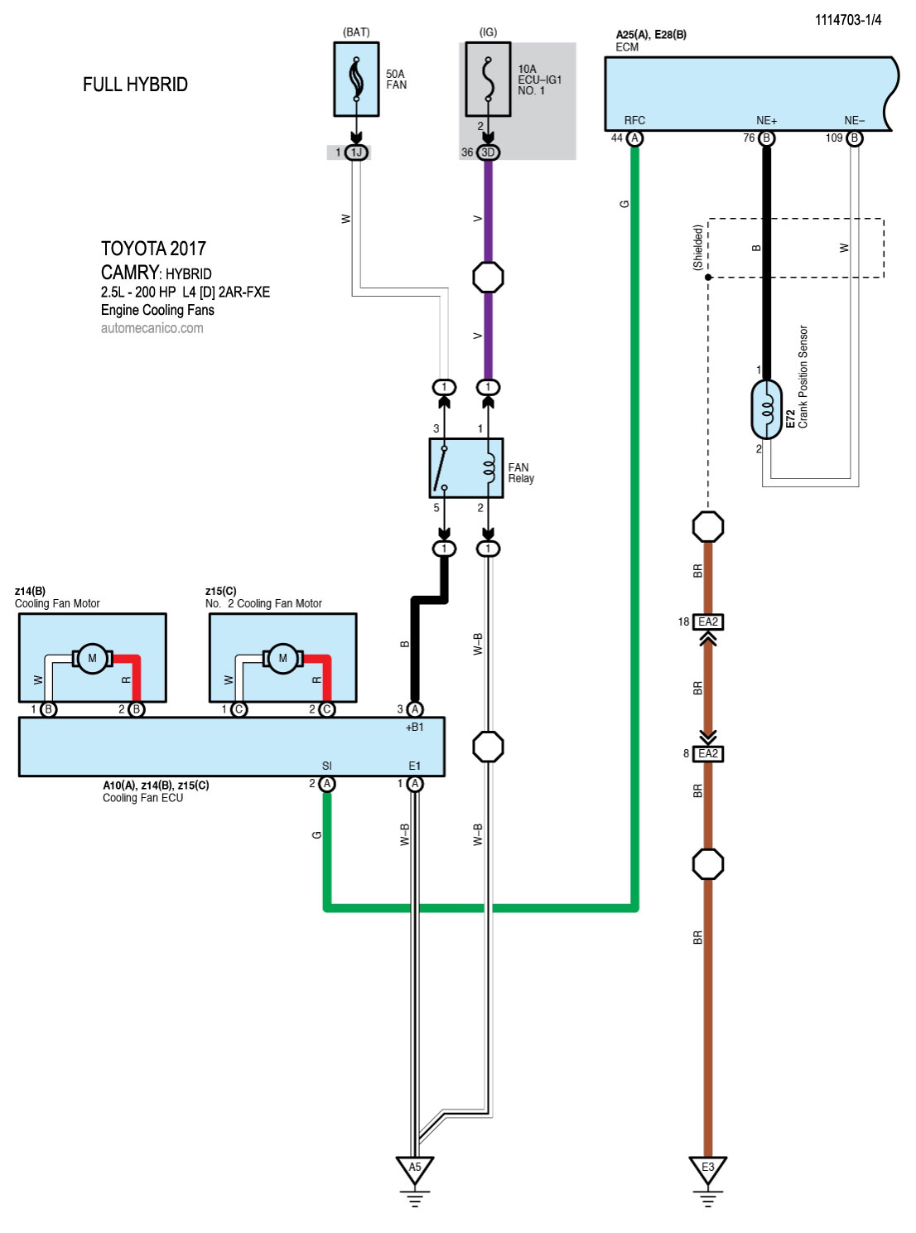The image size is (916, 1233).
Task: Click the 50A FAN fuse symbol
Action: click(356, 80)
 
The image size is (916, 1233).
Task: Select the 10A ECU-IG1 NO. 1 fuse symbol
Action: click(488, 80)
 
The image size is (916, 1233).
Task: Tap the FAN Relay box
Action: click(465, 468)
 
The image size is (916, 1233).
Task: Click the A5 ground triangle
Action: click(415, 1168)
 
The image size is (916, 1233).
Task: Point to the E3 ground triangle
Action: click(708, 1168)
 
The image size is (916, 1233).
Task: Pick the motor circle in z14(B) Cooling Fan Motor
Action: click(92, 659)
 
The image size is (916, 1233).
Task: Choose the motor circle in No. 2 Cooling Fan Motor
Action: click(282, 659)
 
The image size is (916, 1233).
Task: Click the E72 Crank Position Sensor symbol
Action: click(767, 409)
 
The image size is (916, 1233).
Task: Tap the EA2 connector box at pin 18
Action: click(708, 621)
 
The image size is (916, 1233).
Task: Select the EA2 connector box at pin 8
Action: click(708, 753)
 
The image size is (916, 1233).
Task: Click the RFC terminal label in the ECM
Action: click(634, 121)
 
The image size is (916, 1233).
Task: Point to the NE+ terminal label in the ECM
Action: click(766, 121)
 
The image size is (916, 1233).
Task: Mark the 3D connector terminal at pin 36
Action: click(488, 152)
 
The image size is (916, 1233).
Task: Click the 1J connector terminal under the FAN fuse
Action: click(356, 152)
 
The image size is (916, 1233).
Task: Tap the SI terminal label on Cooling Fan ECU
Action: click(327, 766)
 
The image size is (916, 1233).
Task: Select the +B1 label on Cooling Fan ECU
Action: click(414, 727)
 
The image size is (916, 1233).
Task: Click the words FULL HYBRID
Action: click(135, 85)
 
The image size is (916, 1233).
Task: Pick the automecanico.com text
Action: click(152, 328)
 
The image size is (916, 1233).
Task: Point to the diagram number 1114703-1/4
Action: click(848, 20)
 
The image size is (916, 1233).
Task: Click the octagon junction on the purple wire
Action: click(488, 277)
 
